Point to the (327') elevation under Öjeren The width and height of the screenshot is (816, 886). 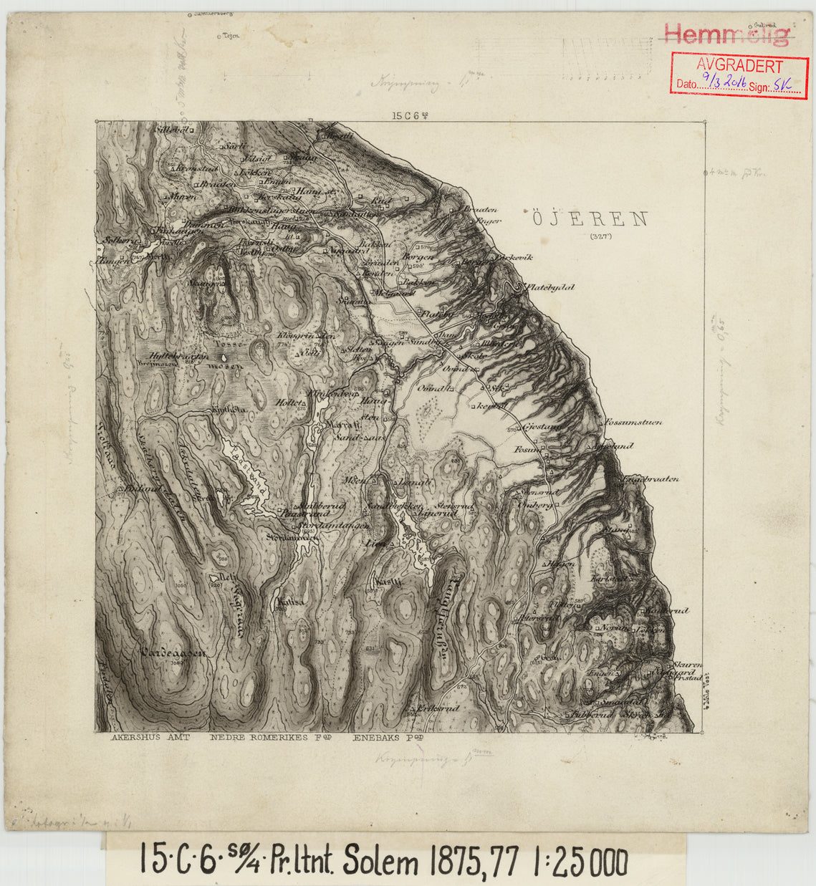click(600, 236)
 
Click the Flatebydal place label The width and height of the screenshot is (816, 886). click(550, 287)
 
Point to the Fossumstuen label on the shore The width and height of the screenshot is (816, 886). click(633, 422)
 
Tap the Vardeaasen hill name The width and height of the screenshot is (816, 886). click(174, 653)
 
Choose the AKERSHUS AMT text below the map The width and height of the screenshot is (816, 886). click(150, 737)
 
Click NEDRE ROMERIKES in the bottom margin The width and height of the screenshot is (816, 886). click(258, 737)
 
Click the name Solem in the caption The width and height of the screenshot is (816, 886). click(380, 860)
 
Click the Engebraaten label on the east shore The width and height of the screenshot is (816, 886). click(651, 479)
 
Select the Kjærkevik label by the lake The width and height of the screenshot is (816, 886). click(514, 257)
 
